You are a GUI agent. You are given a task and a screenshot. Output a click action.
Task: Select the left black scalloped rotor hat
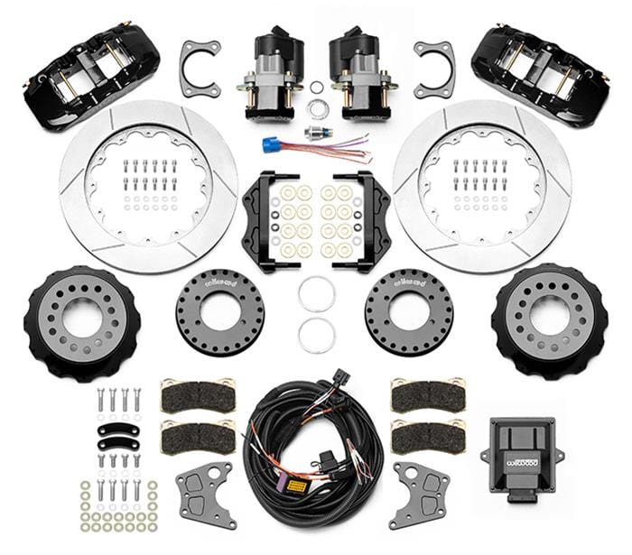pyautogui.click(x=80, y=321)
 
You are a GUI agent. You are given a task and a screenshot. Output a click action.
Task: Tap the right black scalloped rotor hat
pyautogui.click(x=550, y=321)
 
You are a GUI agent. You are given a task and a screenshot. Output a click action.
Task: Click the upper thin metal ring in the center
pyautogui.click(x=317, y=294)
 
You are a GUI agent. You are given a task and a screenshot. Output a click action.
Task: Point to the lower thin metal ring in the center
pyautogui.click(x=317, y=335)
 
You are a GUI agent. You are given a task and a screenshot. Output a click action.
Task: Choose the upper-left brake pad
pyautogui.click(x=196, y=395)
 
